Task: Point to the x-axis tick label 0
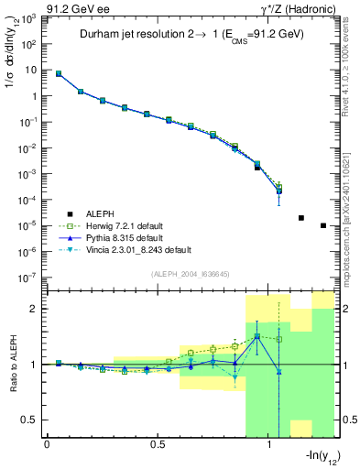tap(47, 444)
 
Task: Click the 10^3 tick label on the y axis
tap(29, 17)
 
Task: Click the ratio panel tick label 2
tap(36, 310)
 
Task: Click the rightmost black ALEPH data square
tap(322, 225)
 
